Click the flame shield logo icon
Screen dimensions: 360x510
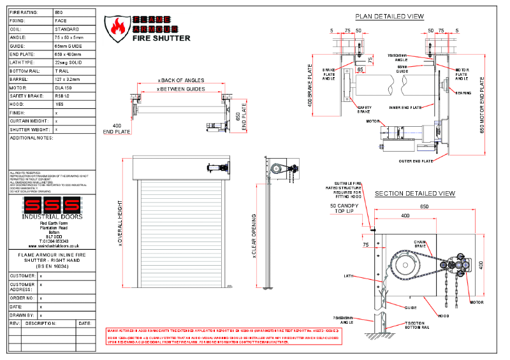coord(119,27)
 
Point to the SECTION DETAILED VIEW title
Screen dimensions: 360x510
coord(414,193)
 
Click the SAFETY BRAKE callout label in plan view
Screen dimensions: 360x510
coord(365,109)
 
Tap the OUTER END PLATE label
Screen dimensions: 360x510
coord(418,161)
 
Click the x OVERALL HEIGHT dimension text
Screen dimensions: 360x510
coord(120,226)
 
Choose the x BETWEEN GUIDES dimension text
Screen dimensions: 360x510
coord(181,90)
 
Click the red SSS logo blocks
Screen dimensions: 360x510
coord(52,206)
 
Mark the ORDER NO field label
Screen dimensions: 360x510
coord(23,298)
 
